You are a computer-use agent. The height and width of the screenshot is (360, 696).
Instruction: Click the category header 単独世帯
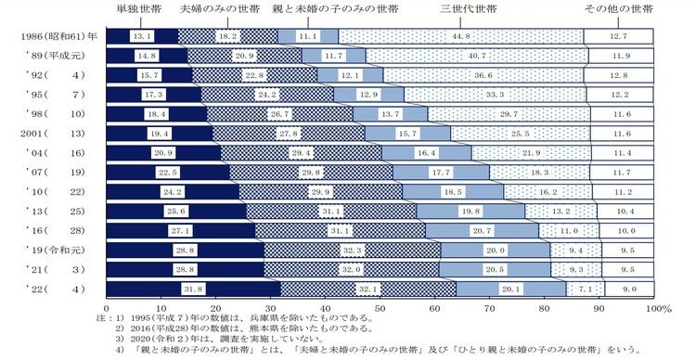click(x=139, y=9)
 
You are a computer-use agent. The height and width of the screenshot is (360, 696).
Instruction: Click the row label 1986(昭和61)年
click(x=53, y=36)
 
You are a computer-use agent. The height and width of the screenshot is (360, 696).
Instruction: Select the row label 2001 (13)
click(x=53, y=134)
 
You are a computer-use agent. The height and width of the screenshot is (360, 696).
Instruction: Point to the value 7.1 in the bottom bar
click(x=585, y=289)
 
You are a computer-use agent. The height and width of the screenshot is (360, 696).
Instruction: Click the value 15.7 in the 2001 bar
click(x=406, y=134)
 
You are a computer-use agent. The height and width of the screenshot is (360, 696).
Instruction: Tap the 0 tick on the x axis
click(x=108, y=307)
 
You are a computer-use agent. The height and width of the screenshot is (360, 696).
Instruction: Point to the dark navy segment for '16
click(x=181, y=231)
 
